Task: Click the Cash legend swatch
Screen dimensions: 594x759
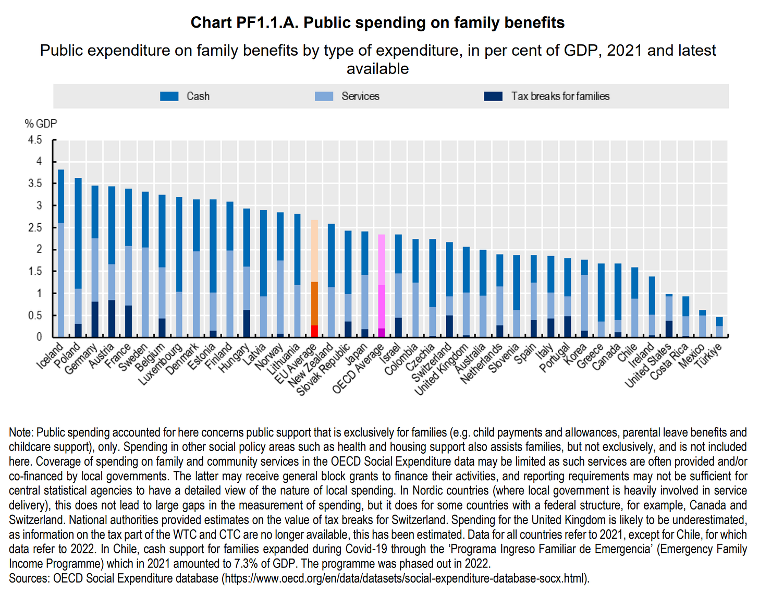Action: tap(169, 96)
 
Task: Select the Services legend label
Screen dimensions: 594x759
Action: tap(360, 96)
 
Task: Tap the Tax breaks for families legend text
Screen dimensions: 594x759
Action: tap(560, 96)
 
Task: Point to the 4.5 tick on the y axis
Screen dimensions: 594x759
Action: tap(35, 140)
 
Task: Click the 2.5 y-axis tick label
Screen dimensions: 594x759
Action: tap(35, 227)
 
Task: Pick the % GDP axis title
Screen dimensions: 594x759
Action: tap(41, 124)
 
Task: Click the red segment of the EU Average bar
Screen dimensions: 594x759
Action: tap(314, 331)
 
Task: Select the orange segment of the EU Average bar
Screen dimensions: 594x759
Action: tap(314, 304)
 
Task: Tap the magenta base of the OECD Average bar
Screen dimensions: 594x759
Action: tap(382, 332)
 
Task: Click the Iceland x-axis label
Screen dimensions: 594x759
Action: tap(51, 356)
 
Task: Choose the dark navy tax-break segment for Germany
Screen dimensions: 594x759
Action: tap(95, 319)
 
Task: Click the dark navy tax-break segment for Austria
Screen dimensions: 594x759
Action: tap(112, 318)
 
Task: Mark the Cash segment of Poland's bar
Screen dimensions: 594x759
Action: tap(78, 233)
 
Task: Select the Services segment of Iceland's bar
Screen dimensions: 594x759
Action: tap(61, 280)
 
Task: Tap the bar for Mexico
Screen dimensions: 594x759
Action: tap(702, 323)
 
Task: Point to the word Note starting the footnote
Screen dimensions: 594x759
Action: tap(20, 432)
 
